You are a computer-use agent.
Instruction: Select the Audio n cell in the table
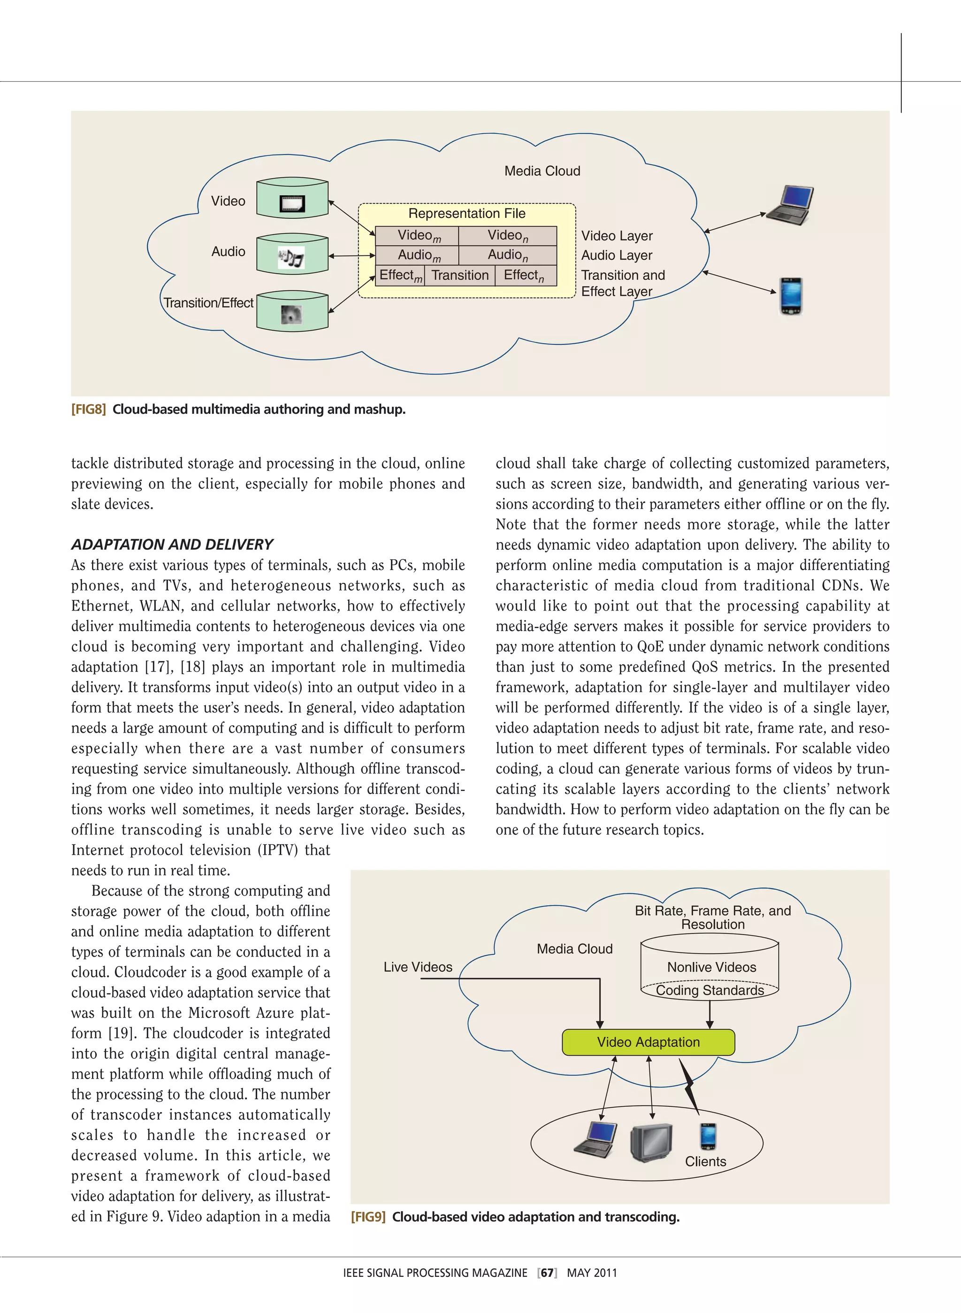(507, 255)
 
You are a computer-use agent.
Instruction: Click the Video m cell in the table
(418, 235)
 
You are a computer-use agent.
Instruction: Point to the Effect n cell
(524, 275)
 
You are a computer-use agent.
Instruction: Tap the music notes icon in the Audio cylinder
(291, 257)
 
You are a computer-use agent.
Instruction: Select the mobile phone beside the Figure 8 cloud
(791, 297)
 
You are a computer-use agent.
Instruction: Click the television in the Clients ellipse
(651, 1142)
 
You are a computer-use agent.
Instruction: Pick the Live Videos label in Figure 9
(418, 967)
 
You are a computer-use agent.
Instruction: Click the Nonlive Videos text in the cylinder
(711, 967)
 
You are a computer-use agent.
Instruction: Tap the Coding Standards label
(709, 990)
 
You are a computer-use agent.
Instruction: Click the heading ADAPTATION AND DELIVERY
(172, 544)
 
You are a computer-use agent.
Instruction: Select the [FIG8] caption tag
(88, 409)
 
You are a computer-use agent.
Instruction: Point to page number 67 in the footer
(547, 1273)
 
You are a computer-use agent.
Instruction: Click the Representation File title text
(466, 214)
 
